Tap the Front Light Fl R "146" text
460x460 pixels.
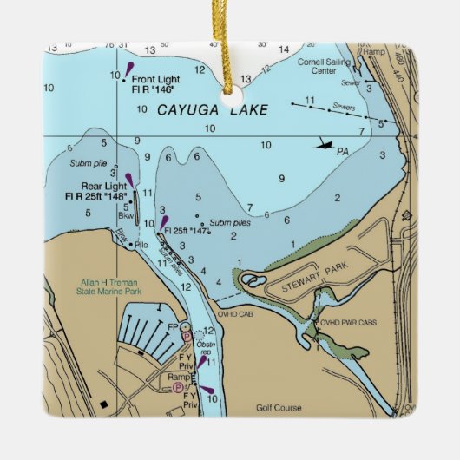(x=153, y=83)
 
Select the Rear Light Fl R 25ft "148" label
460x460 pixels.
(x=93, y=192)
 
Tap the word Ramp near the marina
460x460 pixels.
(x=178, y=378)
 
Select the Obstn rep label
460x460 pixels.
(x=206, y=347)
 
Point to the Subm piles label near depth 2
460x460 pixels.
(x=228, y=222)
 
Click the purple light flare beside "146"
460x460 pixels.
(x=128, y=69)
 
